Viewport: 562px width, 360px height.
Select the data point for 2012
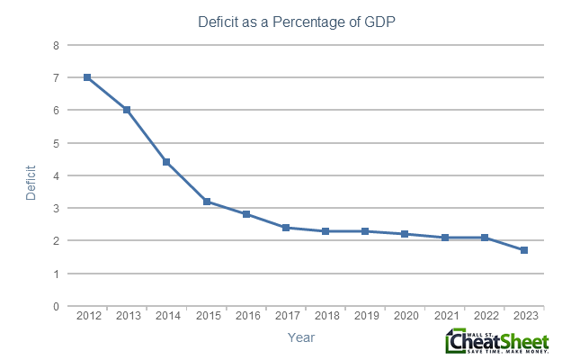click(x=87, y=77)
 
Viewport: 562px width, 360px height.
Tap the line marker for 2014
click(x=166, y=162)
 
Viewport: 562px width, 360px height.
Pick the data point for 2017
click(x=285, y=228)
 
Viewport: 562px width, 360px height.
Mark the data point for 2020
click(x=405, y=234)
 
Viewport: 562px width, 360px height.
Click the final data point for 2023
click(x=523, y=250)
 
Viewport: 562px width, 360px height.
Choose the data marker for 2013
click(x=127, y=110)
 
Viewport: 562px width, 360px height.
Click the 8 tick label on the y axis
click(x=57, y=45)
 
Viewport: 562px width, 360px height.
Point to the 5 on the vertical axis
click(x=57, y=143)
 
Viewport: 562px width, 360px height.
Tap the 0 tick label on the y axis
click(x=57, y=307)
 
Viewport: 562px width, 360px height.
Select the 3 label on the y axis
click(x=57, y=209)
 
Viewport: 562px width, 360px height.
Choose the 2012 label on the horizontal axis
click(x=87, y=317)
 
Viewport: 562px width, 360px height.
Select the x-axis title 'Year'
click(x=300, y=337)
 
